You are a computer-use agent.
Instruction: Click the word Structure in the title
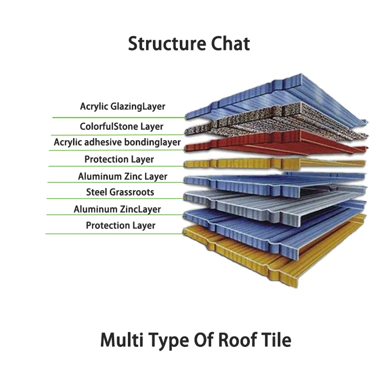tap(167, 44)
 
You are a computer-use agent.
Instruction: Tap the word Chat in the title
tap(230, 44)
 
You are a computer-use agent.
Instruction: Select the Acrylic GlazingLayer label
tap(122, 106)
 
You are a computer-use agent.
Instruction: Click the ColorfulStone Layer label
tap(122, 126)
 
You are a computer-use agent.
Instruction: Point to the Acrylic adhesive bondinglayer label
tap(117, 142)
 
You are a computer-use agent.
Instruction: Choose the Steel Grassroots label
tap(120, 192)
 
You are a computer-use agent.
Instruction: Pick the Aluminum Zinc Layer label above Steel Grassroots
tap(122, 176)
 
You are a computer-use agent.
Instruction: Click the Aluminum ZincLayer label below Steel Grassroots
tap(117, 209)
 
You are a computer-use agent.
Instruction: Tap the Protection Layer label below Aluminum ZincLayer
tap(121, 225)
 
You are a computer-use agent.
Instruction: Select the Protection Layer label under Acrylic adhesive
tap(119, 159)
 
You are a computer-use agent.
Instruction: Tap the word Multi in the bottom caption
tap(122, 340)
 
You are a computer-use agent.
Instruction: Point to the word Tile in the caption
tap(276, 340)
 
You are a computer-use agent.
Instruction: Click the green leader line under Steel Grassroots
tap(115, 199)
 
